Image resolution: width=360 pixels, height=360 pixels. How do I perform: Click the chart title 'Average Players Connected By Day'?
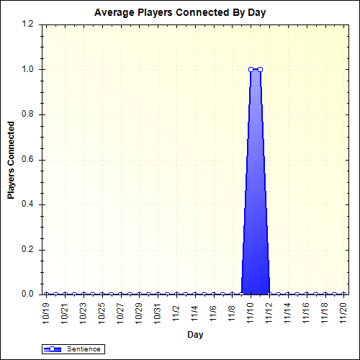pos(186,13)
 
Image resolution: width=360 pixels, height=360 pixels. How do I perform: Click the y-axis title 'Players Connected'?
pos(12,160)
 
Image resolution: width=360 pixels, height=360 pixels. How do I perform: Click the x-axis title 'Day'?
pos(194,335)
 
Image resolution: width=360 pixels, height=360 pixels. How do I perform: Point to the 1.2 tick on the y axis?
pos(28,24)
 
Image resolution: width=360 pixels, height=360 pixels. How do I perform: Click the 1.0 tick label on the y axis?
pos(28,69)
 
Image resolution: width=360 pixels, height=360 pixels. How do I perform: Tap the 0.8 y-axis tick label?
pos(28,114)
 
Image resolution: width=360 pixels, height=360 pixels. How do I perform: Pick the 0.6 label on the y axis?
pos(28,160)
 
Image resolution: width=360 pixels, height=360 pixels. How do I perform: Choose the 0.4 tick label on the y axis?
pos(28,204)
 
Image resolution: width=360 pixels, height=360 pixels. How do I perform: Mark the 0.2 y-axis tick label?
pos(28,250)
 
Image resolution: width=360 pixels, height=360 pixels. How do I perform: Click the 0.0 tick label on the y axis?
pos(28,294)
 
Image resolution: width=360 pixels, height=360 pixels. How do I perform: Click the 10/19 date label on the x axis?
pos(47,312)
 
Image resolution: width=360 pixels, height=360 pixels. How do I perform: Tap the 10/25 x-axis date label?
pos(102,312)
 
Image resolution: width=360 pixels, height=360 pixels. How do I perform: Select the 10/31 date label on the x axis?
pos(158,312)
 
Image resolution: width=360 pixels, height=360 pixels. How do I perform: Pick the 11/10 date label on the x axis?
pos(251,312)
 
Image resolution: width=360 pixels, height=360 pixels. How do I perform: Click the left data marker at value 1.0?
pos(251,69)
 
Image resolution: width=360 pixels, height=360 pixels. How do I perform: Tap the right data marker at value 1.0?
pos(260,69)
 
